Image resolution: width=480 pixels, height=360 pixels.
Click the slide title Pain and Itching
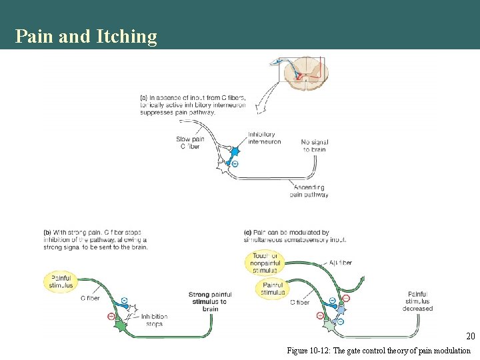point(86,36)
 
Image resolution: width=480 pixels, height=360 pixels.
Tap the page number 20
point(470,337)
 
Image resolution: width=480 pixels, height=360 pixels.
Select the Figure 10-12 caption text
point(378,350)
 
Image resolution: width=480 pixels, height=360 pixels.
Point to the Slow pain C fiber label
point(189,143)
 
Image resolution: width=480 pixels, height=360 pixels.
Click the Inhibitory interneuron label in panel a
point(264,138)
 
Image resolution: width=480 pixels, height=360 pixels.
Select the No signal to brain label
point(314,145)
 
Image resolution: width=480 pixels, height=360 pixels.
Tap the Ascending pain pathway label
point(309,191)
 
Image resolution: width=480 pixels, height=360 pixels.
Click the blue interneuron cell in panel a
point(234,152)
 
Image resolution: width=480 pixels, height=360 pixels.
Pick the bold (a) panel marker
point(144,97)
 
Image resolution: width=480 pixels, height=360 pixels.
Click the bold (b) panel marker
point(47,233)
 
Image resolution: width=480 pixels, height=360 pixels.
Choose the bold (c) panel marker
point(248,233)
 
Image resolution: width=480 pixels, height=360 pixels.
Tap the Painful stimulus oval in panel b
point(60,282)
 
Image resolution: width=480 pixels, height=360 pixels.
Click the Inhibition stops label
point(154,320)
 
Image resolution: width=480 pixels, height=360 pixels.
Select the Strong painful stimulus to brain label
point(210,301)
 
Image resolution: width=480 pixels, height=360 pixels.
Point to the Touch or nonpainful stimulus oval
point(265,263)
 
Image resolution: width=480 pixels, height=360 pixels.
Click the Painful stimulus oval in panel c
point(272,289)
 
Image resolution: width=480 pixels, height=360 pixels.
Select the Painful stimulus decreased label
point(417,301)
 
